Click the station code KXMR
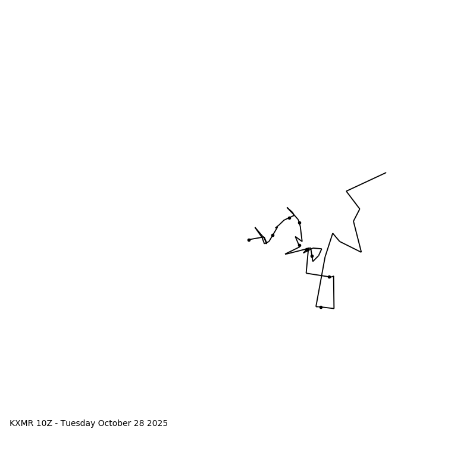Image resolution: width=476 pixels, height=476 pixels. pyautogui.click(x=21, y=424)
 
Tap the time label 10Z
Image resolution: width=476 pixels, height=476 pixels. pyautogui.click(x=45, y=424)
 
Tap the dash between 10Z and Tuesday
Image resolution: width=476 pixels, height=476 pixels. pyautogui.click(x=57, y=424)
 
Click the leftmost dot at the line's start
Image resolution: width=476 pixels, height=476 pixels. pyautogui.click(x=249, y=240)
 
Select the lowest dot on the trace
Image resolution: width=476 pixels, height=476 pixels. pyautogui.click(x=321, y=307)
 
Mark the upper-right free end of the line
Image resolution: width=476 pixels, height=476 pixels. pyautogui.click(x=386, y=173)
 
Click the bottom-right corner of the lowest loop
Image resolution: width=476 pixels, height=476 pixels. pyautogui.click(x=334, y=308)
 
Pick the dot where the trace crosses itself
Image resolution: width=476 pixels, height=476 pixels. pyautogui.click(x=329, y=277)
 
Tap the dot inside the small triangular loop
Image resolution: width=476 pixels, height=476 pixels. pyautogui.click(x=312, y=256)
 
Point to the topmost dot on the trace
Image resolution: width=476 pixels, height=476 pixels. pyautogui.click(x=289, y=218)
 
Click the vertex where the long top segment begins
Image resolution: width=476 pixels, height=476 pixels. pyautogui.click(x=347, y=191)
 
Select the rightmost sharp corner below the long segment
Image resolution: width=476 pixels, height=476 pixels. pyautogui.click(x=361, y=252)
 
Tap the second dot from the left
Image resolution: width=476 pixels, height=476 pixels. pyautogui.click(x=273, y=235)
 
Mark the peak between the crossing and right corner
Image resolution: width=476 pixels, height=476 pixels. pyautogui.click(x=333, y=233)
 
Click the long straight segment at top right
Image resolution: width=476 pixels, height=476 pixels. pyautogui.click(x=366, y=182)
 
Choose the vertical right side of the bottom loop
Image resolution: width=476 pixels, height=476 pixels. pyautogui.click(x=334, y=292)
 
